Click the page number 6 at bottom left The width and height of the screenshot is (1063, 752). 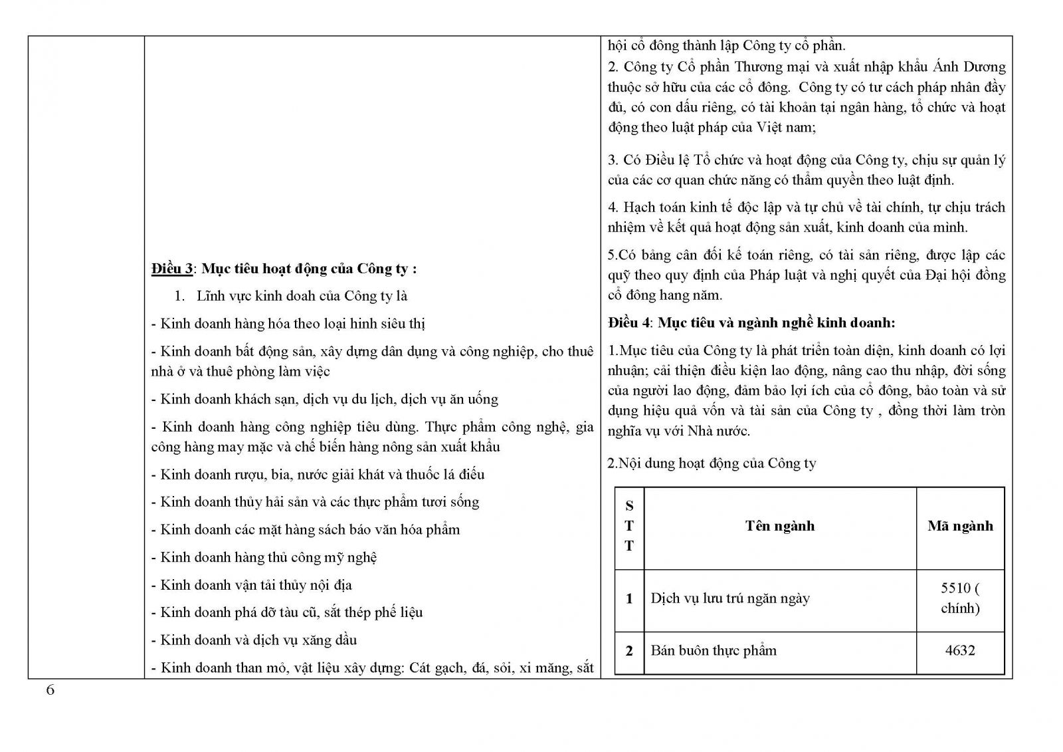pyautogui.click(x=50, y=689)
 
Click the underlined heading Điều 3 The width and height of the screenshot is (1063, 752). pyautogui.click(x=171, y=269)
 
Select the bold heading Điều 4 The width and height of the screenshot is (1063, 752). pyautogui.click(x=631, y=322)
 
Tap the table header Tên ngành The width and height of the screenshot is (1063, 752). pyautogui.click(x=779, y=526)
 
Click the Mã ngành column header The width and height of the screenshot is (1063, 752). pyautogui.click(x=960, y=526)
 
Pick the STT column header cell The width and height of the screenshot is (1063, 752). pyautogui.click(x=629, y=526)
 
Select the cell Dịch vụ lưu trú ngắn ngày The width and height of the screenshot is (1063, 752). pyautogui.click(x=730, y=598)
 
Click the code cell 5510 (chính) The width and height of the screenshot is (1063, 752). pyautogui.click(x=960, y=598)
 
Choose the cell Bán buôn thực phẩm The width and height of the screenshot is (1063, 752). pyautogui.click(x=714, y=650)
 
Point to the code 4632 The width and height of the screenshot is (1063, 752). pyautogui.click(x=960, y=650)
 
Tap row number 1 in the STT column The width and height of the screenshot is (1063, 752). pyautogui.click(x=629, y=598)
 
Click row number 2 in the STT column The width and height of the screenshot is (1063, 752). pyautogui.click(x=629, y=650)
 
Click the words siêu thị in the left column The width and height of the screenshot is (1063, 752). pyautogui.click(x=402, y=324)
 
